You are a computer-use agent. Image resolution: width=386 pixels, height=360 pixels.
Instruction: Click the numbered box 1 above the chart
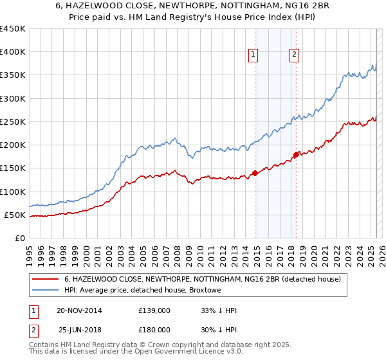tap(253, 55)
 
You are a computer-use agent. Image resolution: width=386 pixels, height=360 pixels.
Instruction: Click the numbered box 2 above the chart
tap(294, 55)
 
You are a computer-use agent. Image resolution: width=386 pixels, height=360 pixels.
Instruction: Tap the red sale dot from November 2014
tap(255, 173)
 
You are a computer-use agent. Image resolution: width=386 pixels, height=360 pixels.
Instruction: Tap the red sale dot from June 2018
tap(296, 154)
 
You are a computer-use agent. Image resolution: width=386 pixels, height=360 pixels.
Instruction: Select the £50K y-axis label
tap(15, 215)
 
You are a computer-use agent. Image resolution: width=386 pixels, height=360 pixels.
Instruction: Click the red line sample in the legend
tap(46, 279)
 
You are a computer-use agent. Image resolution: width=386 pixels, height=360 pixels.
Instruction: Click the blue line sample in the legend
tap(46, 291)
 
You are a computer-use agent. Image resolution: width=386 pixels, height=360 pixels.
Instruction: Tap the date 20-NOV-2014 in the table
tap(79, 310)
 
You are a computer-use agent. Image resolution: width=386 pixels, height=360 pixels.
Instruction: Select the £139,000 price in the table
tap(154, 310)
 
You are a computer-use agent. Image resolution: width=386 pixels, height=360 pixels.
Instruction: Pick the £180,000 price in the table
tap(154, 330)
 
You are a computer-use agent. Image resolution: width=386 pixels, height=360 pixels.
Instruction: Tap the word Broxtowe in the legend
tap(204, 291)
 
